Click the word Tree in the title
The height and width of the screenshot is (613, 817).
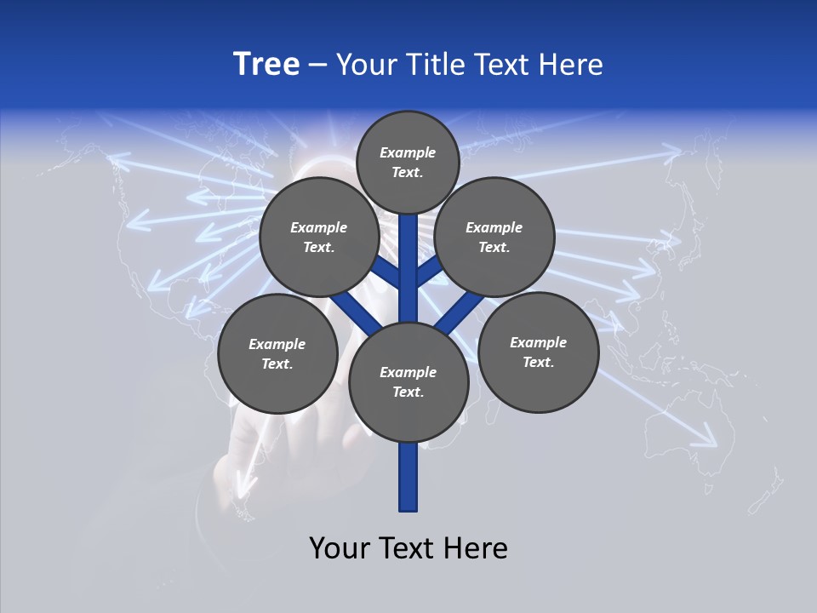pos(266,64)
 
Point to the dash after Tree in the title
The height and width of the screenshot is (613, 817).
pos(317,65)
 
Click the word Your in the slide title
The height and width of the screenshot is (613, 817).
pos(365,64)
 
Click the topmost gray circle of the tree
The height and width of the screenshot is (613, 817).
pos(408,162)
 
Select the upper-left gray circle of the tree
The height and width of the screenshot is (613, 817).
pos(319,237)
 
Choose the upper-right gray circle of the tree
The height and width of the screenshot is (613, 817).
pos(494,237)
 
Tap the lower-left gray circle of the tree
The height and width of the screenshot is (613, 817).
pos(277,353)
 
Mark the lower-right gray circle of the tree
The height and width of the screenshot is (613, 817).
pos(539,352)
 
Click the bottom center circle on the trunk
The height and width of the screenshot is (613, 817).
pos(408,381)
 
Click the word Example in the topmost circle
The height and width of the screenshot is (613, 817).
pos(408,152)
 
